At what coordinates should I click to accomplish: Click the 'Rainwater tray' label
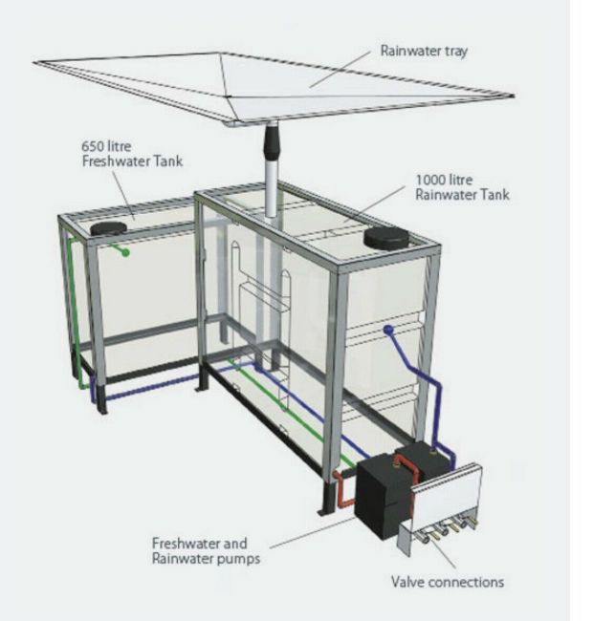tap(424, 51)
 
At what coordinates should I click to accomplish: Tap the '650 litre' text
tap(106, 146)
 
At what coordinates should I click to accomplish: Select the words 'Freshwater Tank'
tap(132, 161)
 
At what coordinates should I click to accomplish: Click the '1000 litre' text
tap(444, 180)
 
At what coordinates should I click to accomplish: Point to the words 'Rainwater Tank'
tap(462, 195)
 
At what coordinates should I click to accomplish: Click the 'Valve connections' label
tap(448, 582)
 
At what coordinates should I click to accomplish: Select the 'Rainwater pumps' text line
tap(207, 559)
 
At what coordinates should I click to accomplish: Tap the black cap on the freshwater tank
tap(108, 228)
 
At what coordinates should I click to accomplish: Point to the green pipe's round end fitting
tap(125, 252)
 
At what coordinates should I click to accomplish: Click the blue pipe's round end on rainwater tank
tap(388, 329)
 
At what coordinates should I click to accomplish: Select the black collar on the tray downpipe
tap(271, 141)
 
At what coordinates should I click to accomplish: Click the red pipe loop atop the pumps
tap(406, 466)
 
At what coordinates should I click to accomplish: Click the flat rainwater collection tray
tap(274, 87)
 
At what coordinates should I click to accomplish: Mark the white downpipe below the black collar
tap(271, 187)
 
